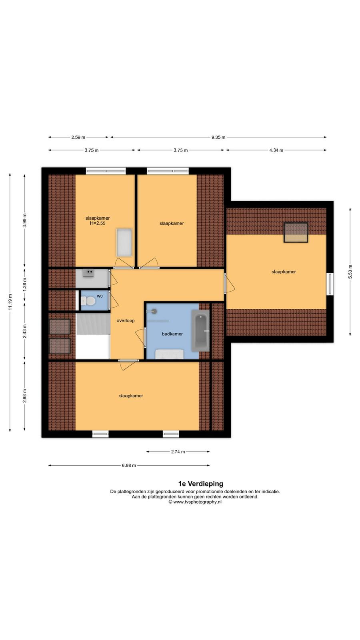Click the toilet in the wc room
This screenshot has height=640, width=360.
[88, 300]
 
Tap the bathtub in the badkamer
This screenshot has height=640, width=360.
[200, 330]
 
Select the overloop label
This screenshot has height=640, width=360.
[126, 320]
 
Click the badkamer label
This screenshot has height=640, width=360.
[172, 334]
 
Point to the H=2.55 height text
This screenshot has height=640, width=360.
[98, 223]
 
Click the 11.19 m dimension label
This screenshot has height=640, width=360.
[10, 302]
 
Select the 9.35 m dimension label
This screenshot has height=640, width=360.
[218, 137]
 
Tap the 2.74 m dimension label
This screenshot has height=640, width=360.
[178, 452]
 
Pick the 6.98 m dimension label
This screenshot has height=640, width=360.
[129, 466]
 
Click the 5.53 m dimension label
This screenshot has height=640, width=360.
[350, 272]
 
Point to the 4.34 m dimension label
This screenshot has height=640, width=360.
[276, 150]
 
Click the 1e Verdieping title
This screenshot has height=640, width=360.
[200, 484]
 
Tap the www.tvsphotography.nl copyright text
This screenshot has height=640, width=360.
[195, 502]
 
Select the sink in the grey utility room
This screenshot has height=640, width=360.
[88, 273]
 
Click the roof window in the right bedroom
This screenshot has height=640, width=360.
[296, 232]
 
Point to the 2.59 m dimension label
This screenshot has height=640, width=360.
[78, 137]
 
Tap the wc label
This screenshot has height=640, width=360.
[100, 296]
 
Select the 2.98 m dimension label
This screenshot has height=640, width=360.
[24, 396]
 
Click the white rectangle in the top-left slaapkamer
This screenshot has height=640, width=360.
[124, 242]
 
